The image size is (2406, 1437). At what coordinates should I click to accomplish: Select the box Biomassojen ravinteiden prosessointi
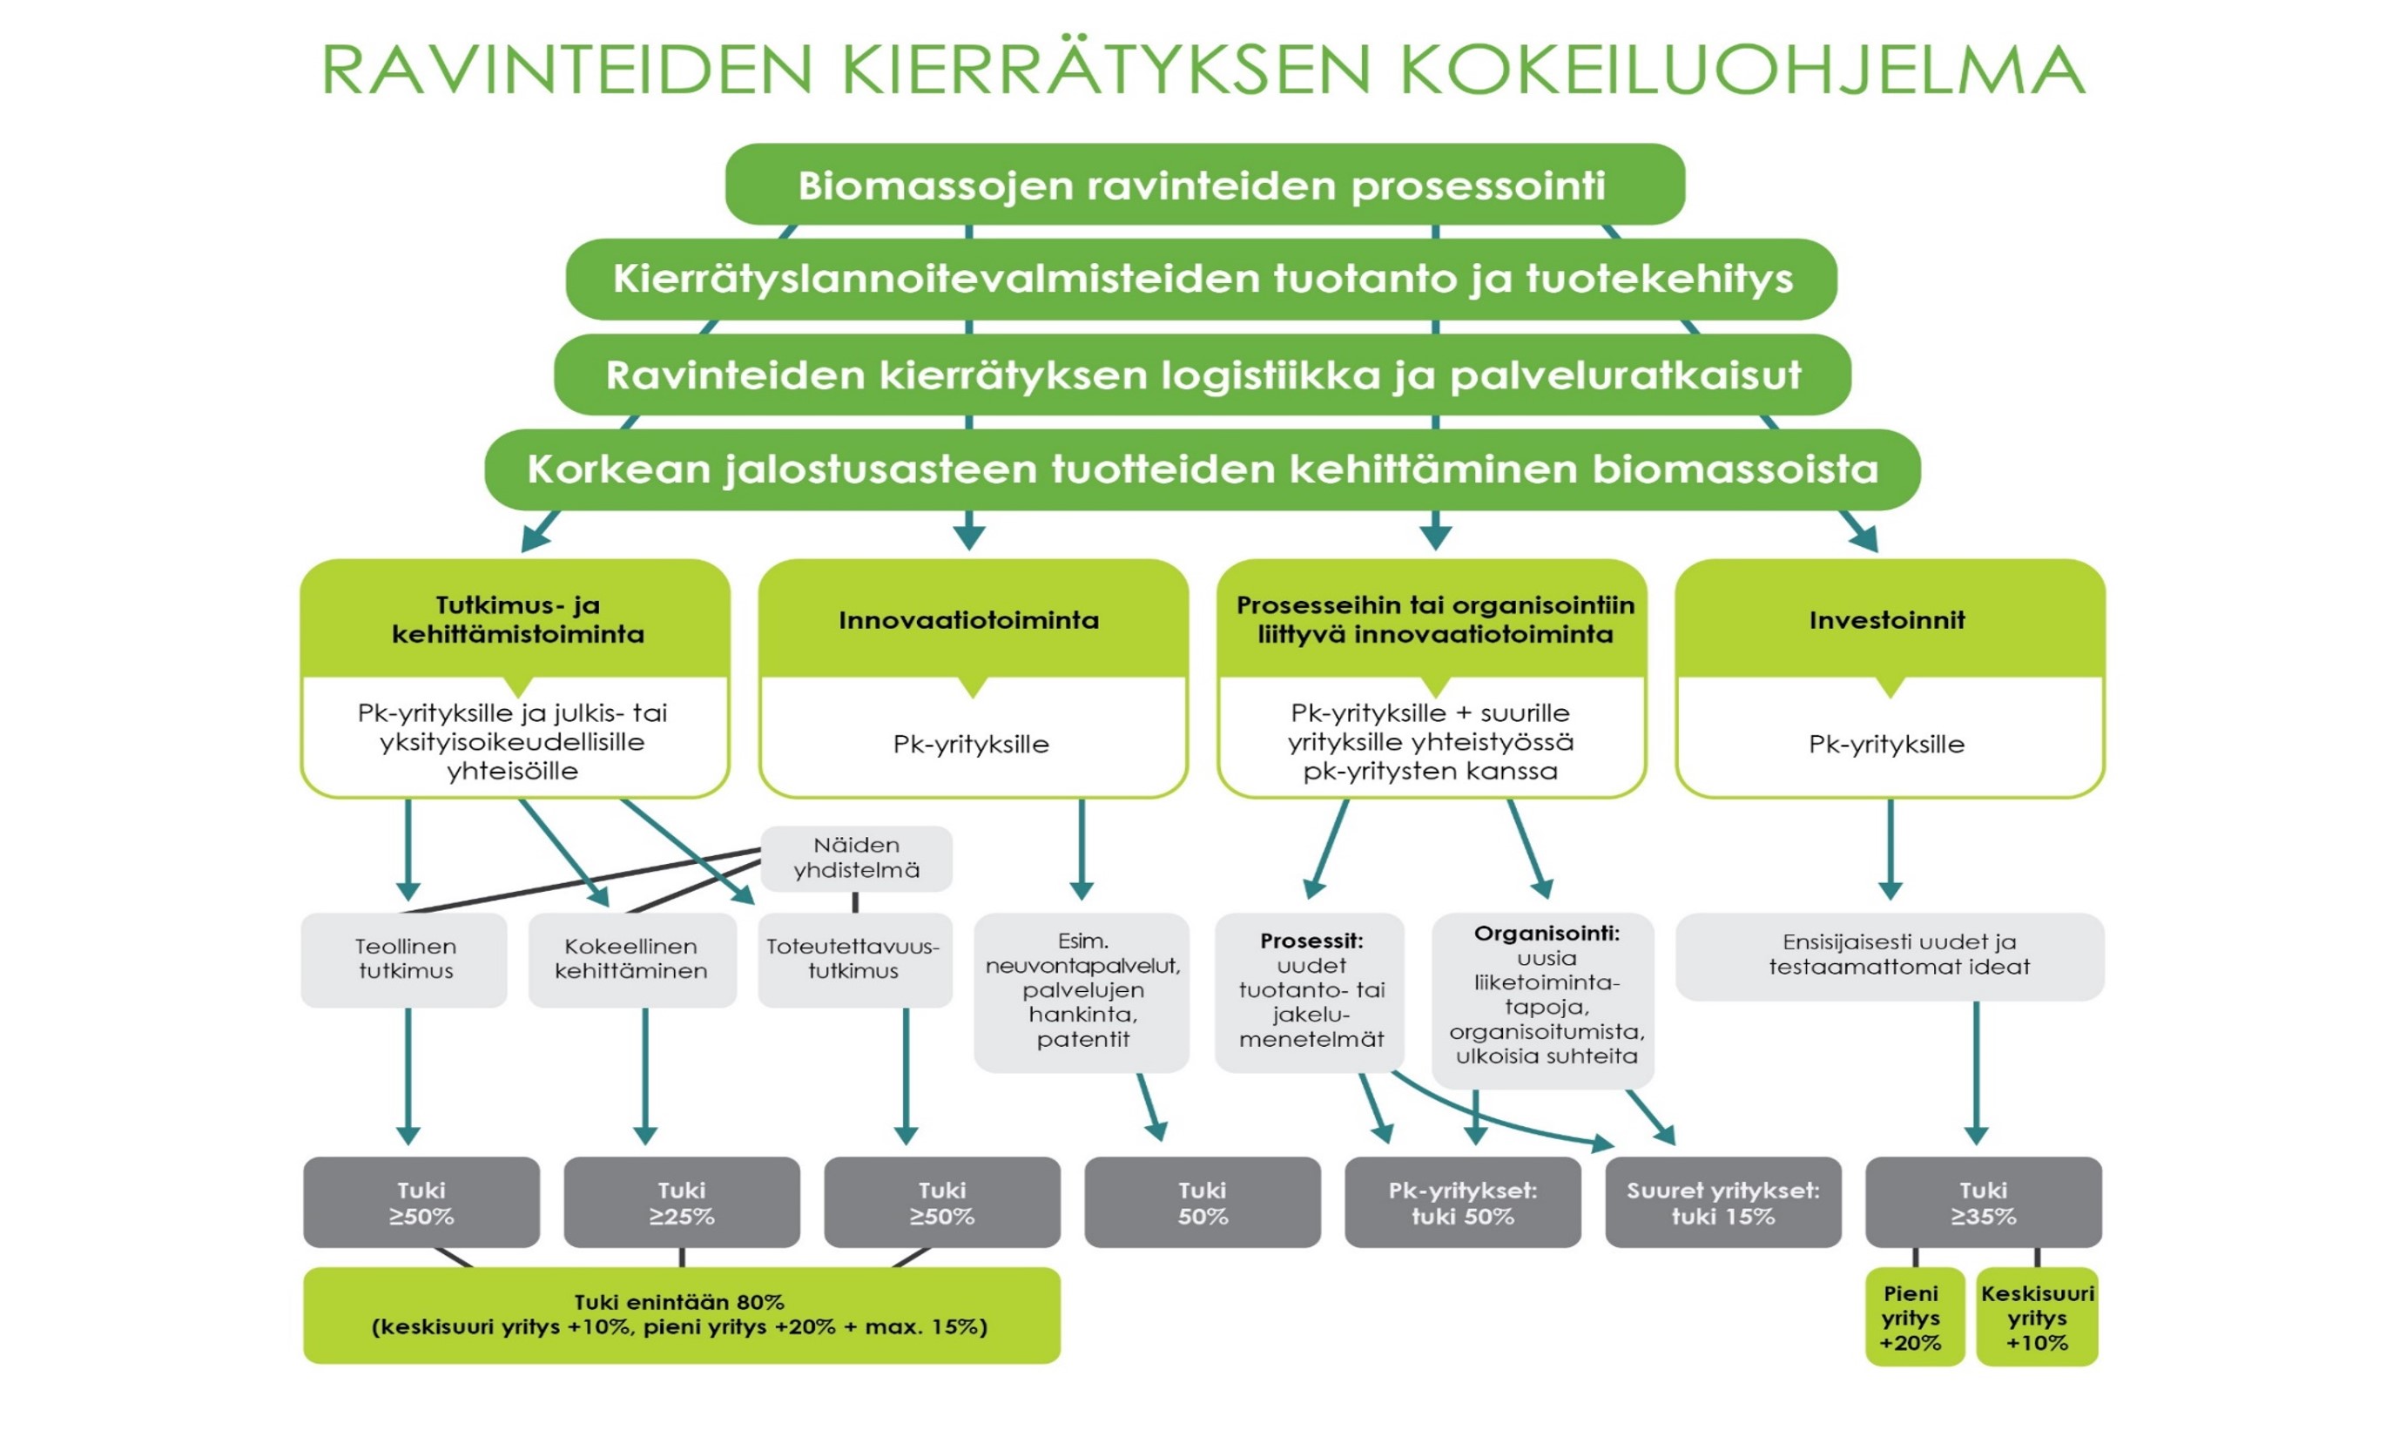click(x=1203, y=185)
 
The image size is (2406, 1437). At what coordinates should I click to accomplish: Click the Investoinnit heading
click(x=1887, y=620)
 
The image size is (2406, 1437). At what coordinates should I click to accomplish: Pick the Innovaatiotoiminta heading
click(x=969, y=620)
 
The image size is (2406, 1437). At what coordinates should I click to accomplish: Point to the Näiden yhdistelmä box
click(x=856, y=858)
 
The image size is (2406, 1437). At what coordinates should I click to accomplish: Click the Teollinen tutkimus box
click(x=405, y=959)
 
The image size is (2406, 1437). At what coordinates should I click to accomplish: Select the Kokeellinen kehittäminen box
click(x=631, y=959)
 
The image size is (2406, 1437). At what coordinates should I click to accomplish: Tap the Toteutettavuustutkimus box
click(x=853, y=959)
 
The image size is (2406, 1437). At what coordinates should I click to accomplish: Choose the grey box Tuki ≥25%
click(x=682, y=1203)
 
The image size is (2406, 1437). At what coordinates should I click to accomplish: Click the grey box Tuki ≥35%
click(x=1983, y=1203)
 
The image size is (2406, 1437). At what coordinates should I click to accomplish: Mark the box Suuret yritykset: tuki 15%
click(x=1722, y=1203)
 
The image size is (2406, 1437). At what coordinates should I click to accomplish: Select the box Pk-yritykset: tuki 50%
click(x=1462, y=1203)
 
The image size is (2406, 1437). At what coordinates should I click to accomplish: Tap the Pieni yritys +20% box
click(x=1912, y=1317)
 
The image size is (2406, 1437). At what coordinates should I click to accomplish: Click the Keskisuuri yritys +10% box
click(x=2037, y=1317)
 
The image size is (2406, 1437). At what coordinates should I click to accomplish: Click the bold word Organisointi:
click(x=1547, y=934)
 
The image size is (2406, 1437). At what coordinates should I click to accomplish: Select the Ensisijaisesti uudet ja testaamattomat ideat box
click(x=1889, y=955)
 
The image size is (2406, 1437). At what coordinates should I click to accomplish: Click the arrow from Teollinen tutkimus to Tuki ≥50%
click(x=408, y=1075)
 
